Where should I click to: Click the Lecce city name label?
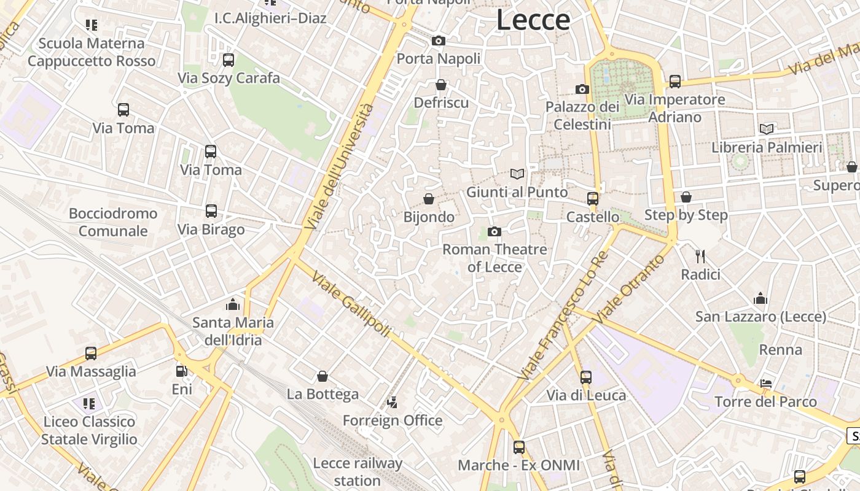[x=533, y=20]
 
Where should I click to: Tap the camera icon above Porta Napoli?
[x=438, y=41]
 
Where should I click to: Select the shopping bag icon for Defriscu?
[x=440, y=85]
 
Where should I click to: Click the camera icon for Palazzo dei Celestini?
[x=582, y=90]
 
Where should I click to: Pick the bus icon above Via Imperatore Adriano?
[x=674, y=81]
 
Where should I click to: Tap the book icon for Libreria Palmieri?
[x=766, y=130]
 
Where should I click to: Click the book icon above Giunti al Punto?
[x=517, y=174]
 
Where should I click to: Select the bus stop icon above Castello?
[x=592, y=199]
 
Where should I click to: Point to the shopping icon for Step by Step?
[x=686, y=197]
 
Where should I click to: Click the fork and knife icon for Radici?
[x=700, y=256]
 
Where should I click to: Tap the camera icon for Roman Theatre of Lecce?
[x=494, y=231]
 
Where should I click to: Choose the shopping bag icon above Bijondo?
[x=429, y=199]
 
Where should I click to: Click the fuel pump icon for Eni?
[x=181, y=371]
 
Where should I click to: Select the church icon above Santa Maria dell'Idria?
[x=233, y=304]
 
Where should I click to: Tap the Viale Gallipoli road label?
[x=351, y=303]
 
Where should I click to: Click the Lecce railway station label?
[x=357, y=471]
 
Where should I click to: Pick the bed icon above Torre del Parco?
[x=765, y=384]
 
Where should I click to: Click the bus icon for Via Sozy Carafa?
[x=228, y=60]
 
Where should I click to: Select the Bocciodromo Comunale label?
[x=113, y=222]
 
